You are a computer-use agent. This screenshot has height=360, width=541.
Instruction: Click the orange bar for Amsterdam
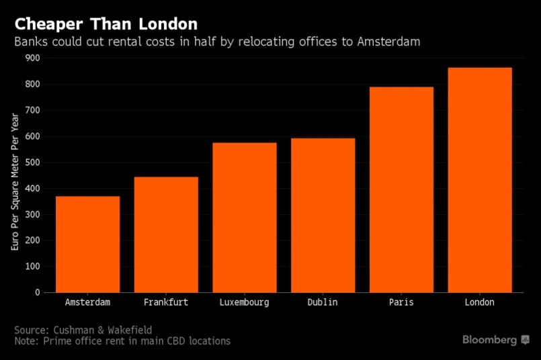[x=87, y=244]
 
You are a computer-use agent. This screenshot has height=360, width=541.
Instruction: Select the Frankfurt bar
[x=166, y=234]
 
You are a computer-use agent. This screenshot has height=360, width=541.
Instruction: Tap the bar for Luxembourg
[x=245, y=217]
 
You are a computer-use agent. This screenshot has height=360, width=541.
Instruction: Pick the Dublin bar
[x=323, y=215]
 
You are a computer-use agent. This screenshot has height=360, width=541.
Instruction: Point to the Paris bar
[x=401, y=189]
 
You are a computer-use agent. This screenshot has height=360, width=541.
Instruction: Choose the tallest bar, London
[x=480, y=179]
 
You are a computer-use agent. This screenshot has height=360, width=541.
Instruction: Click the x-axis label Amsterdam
[x=87, y=302]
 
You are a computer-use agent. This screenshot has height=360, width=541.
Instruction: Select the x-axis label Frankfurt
[x=166, y=302]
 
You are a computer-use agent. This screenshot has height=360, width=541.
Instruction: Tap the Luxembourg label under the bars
[x=245, y=302]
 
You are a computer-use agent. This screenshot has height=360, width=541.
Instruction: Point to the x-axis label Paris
[x=401, y=302]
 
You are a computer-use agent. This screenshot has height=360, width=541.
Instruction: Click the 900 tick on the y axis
[x=32, y=58]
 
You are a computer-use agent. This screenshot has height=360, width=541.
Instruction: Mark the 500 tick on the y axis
[x=32, y=163]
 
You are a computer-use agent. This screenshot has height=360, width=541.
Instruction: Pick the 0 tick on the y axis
[x=38, y=292]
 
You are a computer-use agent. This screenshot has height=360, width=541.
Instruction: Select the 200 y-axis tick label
[x=32, y=240]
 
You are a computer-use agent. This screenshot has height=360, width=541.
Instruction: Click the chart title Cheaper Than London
[x=106, y=24]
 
